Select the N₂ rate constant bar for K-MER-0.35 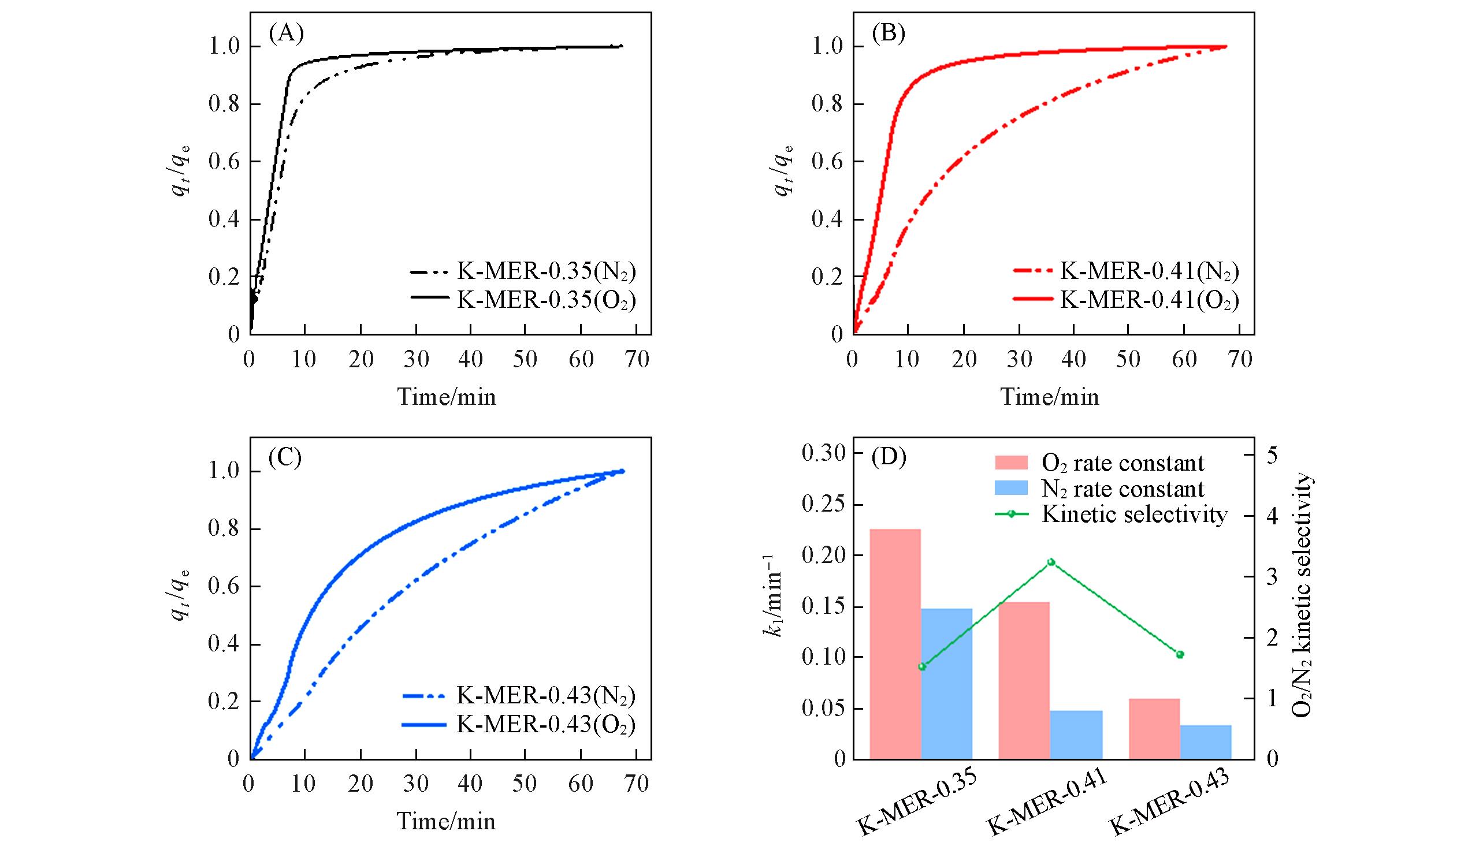[947, 684]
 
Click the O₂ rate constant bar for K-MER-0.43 [1154, 729]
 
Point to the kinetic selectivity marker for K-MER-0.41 [1051, 562]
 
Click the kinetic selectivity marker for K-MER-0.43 [1180, 654]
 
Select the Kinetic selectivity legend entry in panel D [1133, 514]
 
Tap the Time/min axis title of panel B [1050, 397]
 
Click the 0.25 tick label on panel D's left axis [823, 505]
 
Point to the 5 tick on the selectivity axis [1272, 455]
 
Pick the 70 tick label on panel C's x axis [636, 784]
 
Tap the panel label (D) [889, 459]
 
